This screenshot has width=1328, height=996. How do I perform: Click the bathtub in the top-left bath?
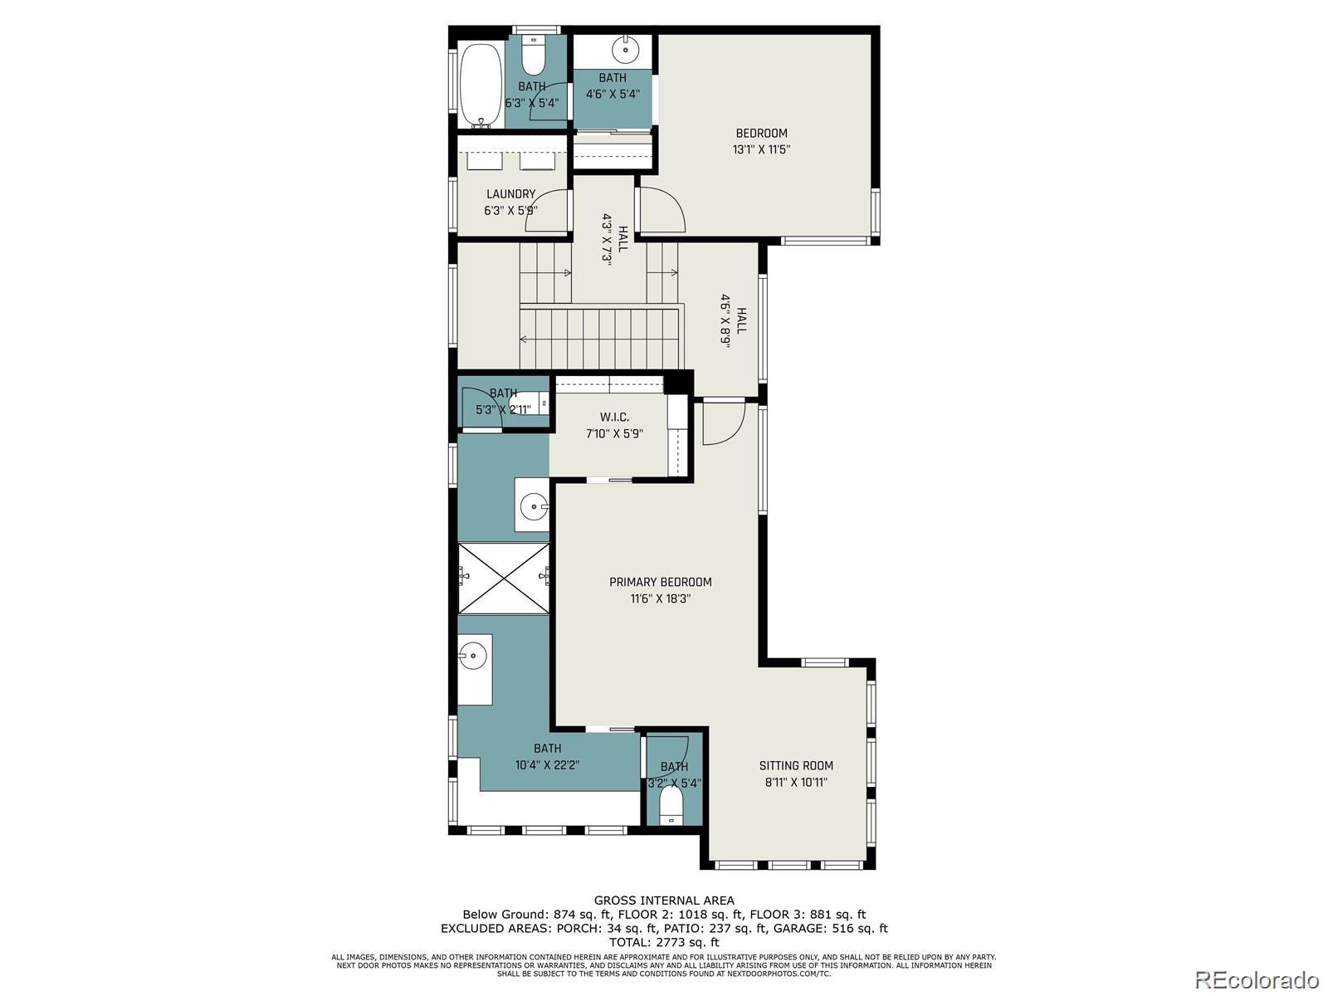[x=481, y=85]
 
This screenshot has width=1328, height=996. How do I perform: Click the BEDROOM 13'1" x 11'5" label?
[x=761, y=141]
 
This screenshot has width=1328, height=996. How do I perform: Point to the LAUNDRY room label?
[x=510, y=202]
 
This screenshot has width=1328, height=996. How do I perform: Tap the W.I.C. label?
[x=614, y=425]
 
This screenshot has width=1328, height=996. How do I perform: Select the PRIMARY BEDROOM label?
[x=661, y=590]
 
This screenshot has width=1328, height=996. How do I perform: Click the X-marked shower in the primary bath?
[x=503, y=579]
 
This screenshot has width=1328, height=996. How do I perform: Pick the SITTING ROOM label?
[x=795, y=774]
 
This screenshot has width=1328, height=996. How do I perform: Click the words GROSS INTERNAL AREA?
[x=663, y=900]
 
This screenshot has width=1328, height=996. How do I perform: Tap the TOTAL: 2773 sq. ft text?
[x=663, y=942]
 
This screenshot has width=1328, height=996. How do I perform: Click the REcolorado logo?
[x=1262, y=979]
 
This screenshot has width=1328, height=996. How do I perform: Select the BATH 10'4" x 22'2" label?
[x=547, y=756]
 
